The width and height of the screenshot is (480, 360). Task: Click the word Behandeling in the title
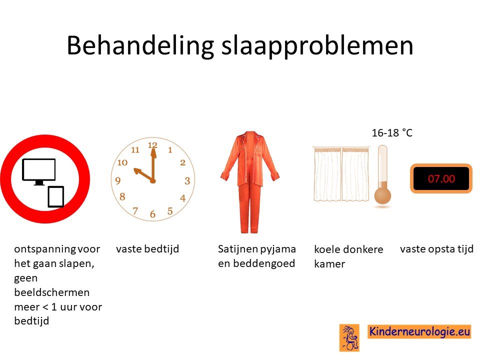[x=140, y=46]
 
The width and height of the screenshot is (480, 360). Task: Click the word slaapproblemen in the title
[x=317, y=46]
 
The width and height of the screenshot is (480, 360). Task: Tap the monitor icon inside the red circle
[x=39, y=171]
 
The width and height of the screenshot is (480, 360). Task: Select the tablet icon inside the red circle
[x=56, y=197]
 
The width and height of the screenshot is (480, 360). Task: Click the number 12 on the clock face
[x=152, y=145]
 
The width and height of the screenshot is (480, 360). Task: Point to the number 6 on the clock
[x=153, y=214]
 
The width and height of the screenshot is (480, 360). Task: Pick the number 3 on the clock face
[x=187, y=181]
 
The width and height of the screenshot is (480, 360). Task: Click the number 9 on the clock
[x=118, y=181]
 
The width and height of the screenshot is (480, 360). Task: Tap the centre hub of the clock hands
[x=153, y=181]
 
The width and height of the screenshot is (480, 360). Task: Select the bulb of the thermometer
[x=382, y=196]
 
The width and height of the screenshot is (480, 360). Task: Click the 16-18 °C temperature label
[x=392, y=133]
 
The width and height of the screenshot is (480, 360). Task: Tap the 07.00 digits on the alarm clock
[x=441, y=178]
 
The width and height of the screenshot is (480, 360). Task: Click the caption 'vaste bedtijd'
[x=147, y=248]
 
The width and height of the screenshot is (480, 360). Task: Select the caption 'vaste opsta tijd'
[x=437, y=249]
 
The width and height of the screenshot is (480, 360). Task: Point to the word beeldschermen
[x=51, y=292]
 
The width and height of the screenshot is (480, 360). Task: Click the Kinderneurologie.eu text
[x=419, y=331]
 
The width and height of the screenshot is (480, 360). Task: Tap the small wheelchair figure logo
[x=349, y=337]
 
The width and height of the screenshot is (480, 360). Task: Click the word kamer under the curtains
[x=329, y=264]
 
